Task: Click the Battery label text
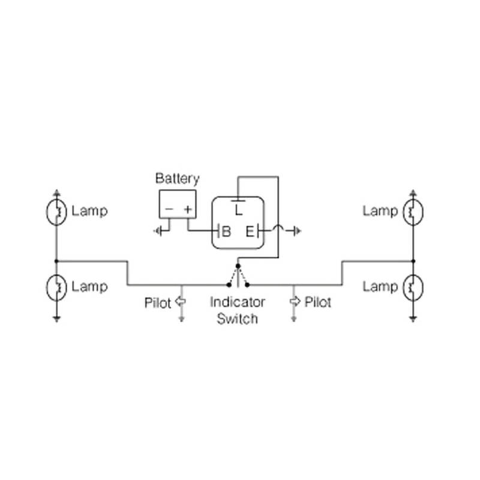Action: tap(177, 178)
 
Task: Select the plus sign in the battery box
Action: tap(188, 209)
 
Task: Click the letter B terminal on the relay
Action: tap(226, 231)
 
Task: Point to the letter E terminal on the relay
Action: tap(250, 231)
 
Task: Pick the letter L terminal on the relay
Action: tap(238, 211)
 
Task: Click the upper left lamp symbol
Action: tap(56, 212)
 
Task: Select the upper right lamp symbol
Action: tap(413, 212)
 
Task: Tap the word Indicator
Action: tap(238, 302)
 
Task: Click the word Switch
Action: tap(238, 318)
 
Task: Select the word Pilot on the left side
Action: tap(158, 302)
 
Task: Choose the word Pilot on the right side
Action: tap(318, 302)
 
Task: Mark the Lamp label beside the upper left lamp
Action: tap(89, 211)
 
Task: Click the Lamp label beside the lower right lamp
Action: tap(380, 286)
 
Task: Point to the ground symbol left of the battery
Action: tap(158, 231)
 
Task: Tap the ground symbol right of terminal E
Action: tap(296, 231)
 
